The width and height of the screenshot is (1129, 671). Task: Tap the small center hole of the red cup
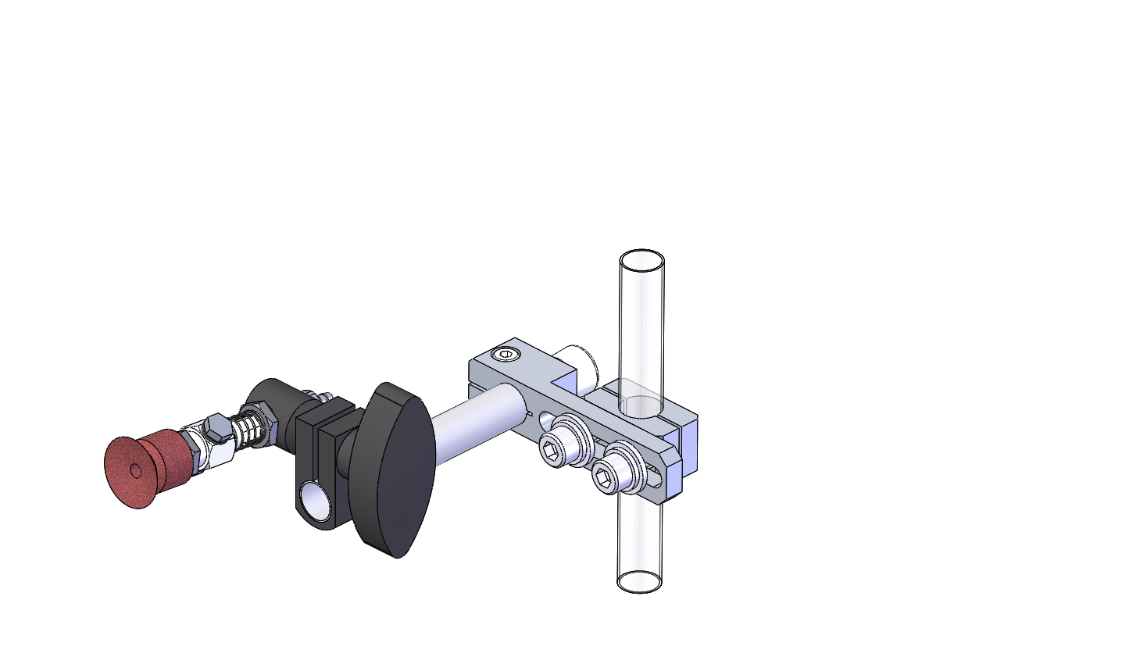136,470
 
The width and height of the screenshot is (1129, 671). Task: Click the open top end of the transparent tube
641,260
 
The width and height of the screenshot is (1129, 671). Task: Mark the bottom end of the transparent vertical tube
640,581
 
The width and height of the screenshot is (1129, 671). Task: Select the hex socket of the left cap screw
552,454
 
